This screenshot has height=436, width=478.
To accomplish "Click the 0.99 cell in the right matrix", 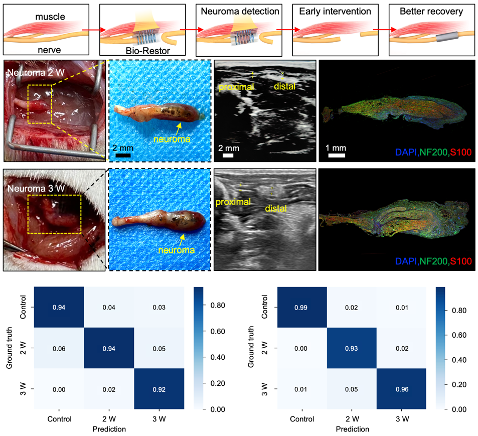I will pos(302,307).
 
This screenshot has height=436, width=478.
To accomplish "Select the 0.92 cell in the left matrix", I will pos(158,389).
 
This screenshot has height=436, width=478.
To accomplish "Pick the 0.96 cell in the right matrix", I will pos(401,389).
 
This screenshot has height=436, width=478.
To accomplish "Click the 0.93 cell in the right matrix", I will pos(352,348).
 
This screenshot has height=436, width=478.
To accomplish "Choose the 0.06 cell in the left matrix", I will pos(59,348).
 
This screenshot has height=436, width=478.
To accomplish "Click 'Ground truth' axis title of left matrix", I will pos(11,348).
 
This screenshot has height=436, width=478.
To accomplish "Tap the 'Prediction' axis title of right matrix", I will pos(352,429).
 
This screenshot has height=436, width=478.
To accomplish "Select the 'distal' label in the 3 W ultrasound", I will pos(276,208).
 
